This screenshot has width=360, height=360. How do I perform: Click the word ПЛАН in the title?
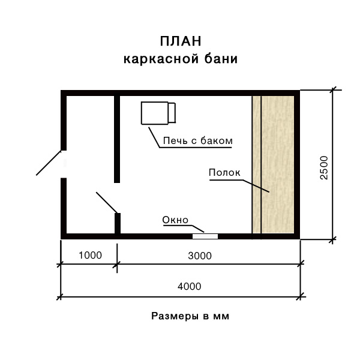(181, 41)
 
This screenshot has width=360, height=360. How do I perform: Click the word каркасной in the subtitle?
(161, 59)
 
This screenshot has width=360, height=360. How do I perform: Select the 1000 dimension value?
(90, 255)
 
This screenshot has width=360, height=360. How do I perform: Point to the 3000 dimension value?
(200, 256)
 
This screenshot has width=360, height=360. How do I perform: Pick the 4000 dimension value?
(190, 286)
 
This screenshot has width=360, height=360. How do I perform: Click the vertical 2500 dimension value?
(324, 167)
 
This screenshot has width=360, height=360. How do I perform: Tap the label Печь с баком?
(197, 140)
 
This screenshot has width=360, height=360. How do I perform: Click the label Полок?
(224, 172)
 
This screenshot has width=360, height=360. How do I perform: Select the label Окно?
(175, 220)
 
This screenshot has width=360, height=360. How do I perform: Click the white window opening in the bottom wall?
(205, 236)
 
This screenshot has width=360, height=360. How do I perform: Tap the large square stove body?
(155, 113)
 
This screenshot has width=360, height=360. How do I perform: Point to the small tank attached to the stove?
(172, 113)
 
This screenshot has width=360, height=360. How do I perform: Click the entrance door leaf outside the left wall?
(49, 163)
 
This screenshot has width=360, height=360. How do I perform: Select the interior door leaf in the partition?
(107, 202)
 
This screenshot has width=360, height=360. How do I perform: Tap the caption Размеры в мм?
(190, 316)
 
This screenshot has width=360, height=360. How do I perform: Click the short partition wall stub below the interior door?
(118, 224)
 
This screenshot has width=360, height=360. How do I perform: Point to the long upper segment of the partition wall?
(117, 139)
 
